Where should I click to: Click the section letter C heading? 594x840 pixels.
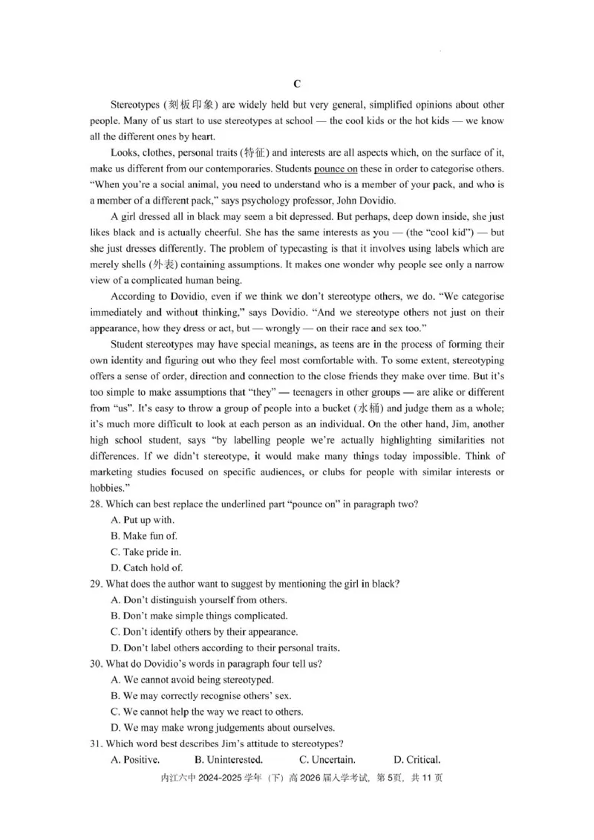[x=297, y=84]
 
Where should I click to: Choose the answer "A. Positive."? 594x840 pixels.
[x=134, y=760]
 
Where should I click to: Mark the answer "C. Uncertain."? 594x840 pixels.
[x=327, y=760]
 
